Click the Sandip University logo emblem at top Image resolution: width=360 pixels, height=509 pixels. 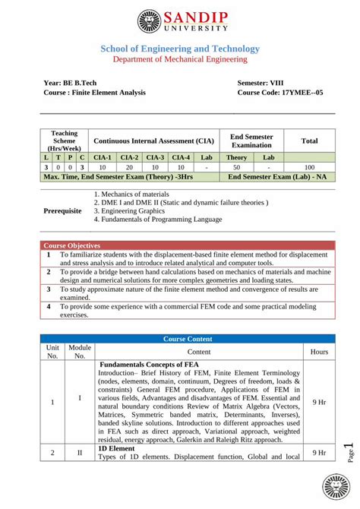pos(151,21)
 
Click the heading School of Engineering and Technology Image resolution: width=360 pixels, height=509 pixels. pos(180,49)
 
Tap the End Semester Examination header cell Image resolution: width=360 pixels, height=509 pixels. pos(251,141)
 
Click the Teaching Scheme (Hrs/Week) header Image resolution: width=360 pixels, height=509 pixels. pos(64,141)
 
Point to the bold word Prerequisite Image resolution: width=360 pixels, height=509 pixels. pos(63,210)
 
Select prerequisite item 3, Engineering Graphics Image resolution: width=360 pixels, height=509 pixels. pos(137,210)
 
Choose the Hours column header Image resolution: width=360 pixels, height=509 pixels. pos(319,352)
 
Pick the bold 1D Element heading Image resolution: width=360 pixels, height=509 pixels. pos(116,448)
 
